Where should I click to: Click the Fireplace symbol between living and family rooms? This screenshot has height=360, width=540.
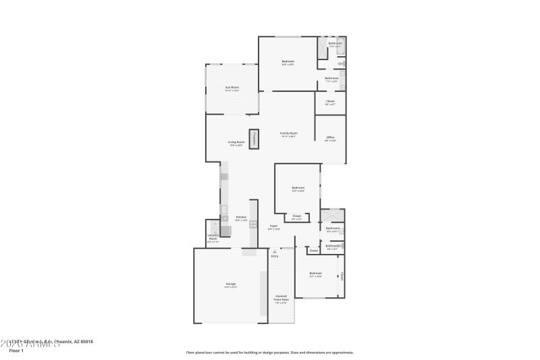tap(254, 138)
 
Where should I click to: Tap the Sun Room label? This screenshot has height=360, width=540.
tap(232, 87)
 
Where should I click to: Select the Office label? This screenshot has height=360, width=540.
tap(330, 138)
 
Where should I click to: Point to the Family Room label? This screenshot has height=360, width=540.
tap(289, 133)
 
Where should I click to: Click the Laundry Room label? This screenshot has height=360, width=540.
tap(213, 238)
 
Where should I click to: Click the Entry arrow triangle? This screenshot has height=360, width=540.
tap(274, 252)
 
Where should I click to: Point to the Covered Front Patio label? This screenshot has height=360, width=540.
tap(281, 298)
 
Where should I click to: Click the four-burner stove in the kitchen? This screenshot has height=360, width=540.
tap(253, 224)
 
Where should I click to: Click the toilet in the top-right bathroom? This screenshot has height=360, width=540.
tap(342, 62)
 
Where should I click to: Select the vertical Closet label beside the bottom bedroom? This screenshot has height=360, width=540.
tap(342, 276)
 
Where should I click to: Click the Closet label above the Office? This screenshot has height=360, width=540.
tap(330, 101)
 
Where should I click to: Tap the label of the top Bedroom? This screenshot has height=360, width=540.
tap(288, 62)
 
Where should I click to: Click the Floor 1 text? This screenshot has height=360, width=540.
tap(16, 351)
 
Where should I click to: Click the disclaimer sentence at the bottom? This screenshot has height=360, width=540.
tap(269, 352)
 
